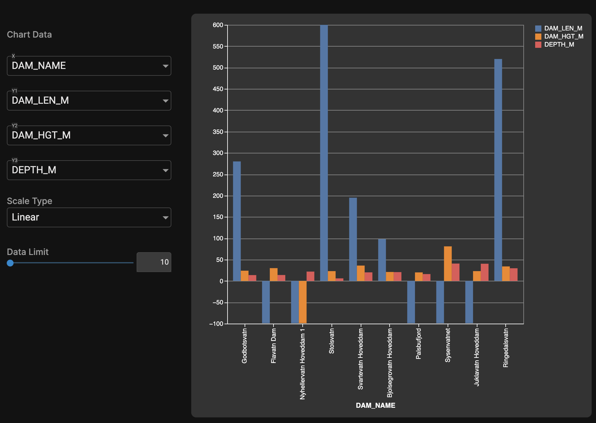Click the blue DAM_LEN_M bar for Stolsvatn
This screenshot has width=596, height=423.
click(x=324, y=152)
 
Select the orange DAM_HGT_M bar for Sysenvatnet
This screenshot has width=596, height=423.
click(x=448, y=264)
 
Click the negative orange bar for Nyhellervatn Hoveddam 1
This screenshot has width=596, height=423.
click(x=303, y=302)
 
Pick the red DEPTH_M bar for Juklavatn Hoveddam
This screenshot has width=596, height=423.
click(x=485, y=272)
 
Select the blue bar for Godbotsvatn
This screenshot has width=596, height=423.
click(x=237, y=221)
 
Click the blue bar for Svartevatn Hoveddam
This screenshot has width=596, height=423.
click(x=353, y=239)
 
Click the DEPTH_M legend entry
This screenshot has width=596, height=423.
click(x=559, y=45)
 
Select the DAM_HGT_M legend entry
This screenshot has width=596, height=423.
click(x=563, y=37)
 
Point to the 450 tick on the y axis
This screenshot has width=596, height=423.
click(x=218, y=89)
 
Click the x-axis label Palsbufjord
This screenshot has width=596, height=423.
click(x=418, y=344)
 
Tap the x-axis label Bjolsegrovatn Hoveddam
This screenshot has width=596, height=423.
click(x=390, y=363)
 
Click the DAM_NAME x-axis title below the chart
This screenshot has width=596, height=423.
click(x=375, y=405)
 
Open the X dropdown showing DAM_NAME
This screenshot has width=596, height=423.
click(x=89, y=66)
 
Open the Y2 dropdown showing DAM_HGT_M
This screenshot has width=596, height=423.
click(x=89, y=135)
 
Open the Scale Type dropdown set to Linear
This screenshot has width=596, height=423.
click(x=89, y=217)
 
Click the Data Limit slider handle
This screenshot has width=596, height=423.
click(x=10, y=263)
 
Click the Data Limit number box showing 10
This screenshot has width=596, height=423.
click(x=154, y=262)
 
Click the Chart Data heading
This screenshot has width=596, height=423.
click(x=29, y=34)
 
